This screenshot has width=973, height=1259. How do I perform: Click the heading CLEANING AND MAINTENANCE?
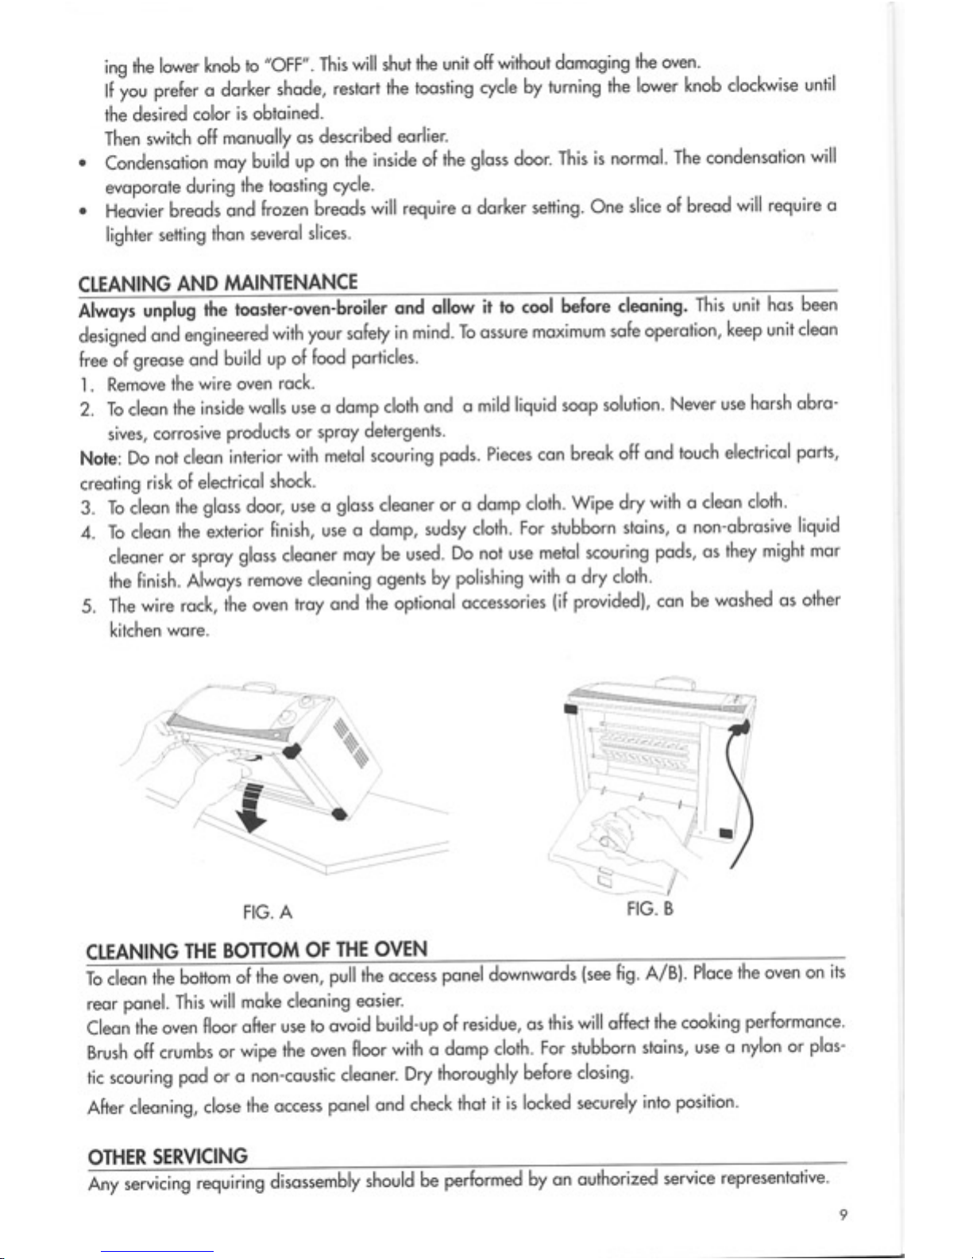pos(218,283)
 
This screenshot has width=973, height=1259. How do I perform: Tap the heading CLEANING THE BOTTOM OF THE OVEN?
pos(257,950)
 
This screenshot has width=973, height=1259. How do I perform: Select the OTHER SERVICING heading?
pos(168,1157)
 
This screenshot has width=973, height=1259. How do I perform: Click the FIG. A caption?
pos(268,913)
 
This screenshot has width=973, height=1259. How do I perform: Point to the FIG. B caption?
pos(650,908)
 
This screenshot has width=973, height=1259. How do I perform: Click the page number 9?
pos(844,1215)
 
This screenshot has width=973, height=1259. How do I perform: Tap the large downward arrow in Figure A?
pos(252,806)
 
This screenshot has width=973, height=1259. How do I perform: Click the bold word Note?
pos(98,459)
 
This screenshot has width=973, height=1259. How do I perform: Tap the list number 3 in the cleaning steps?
pos(87,508)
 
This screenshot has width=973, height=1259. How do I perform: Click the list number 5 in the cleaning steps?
pos(88,607)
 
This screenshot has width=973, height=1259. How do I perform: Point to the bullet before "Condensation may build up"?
pos(84,164)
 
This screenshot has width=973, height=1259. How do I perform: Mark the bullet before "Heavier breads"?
pos(84,212)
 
